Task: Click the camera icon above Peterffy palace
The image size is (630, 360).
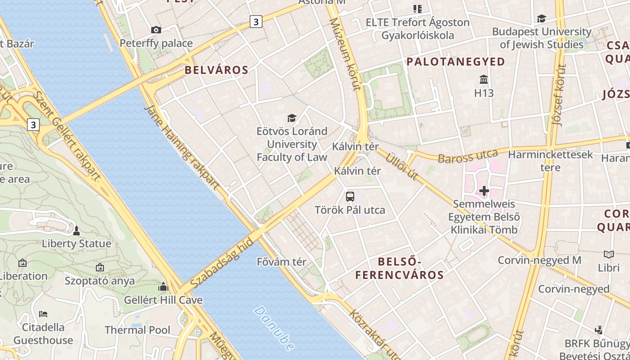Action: pos(156,30)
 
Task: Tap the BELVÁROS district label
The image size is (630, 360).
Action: pos(216,70)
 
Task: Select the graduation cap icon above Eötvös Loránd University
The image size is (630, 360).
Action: pos(292,118)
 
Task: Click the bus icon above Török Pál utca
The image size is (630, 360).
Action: pos(350,196)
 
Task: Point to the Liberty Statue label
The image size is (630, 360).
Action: pos(76,243)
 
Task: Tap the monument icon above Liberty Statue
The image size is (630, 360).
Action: pos(76,231)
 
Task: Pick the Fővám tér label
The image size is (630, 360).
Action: pos(281,261)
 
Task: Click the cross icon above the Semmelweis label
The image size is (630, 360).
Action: pos(484,191)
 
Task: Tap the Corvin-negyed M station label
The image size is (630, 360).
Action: pos(539,260)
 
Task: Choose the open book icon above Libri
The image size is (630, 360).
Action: pos(609,255)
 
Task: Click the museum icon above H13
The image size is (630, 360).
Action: pos(484,80)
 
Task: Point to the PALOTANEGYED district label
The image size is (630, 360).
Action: pos(456,62)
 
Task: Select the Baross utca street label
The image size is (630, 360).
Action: pos(468,156)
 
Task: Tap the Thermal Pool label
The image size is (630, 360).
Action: pos(138,330)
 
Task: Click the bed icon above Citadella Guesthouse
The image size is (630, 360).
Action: pos(43,313)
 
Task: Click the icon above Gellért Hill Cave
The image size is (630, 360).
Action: pos(163,287)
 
